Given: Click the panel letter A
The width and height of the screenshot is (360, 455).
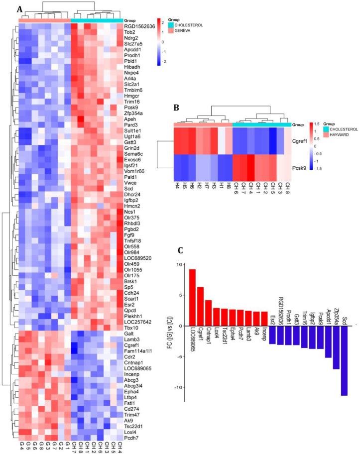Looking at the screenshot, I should [x=19, y=9].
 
